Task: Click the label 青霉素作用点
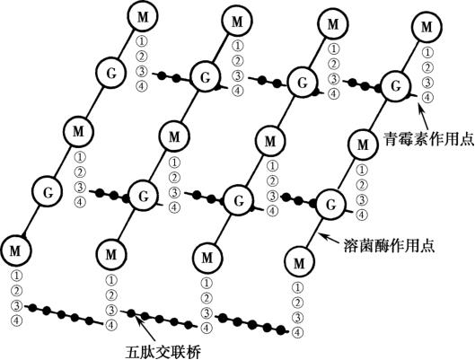[428, 138]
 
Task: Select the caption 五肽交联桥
[163, 351]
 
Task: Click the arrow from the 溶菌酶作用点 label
[330, 237]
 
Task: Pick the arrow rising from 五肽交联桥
[145, 329]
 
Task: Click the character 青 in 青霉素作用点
[391, 138]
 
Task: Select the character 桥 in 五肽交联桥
[194, 351]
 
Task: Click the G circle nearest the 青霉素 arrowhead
[396, 86]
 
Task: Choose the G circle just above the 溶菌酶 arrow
[331, 205]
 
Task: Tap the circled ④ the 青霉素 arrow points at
[427, 98]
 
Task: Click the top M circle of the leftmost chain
[143, 17]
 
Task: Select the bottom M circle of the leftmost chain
[15, 250]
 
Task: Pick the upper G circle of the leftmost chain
[111, 74]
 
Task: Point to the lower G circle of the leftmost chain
[48, 192]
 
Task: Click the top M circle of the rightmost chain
[427, 27]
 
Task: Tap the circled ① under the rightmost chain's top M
[427, 53]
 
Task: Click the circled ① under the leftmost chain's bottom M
[16, 277]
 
